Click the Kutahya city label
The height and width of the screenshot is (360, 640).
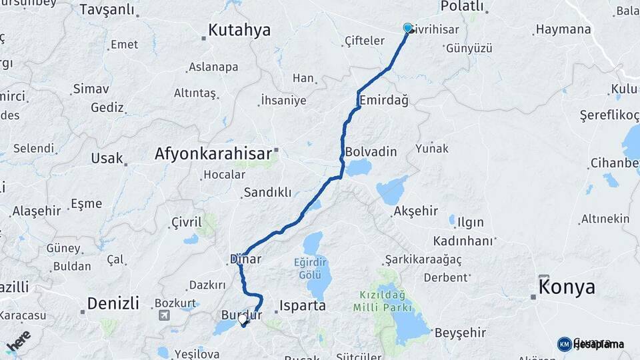coord(239,30)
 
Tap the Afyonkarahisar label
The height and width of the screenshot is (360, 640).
coord(215,153)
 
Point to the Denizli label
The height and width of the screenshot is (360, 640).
coord(113,304)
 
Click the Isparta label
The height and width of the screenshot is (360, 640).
coord(302,306)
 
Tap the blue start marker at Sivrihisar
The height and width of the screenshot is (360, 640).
coord(408,28)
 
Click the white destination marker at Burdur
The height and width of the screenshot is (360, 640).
coord(243,319)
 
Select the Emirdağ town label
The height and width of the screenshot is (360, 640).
coord(383,100)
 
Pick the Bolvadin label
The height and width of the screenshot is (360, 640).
coord(371,151)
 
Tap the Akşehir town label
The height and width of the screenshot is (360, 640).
coord(415,211)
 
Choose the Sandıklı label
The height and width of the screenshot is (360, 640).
coord(267,192)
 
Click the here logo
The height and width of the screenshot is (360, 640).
coord(19,340)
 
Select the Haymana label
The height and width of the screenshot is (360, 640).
coord(563,29)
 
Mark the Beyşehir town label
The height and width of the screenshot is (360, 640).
coord(461,332)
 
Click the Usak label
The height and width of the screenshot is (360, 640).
coord(107,158)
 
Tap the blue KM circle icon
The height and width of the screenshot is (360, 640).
coord(564,344)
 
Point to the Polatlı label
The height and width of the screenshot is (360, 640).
coord(462,6)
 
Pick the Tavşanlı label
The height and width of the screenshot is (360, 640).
coord(107,10)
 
